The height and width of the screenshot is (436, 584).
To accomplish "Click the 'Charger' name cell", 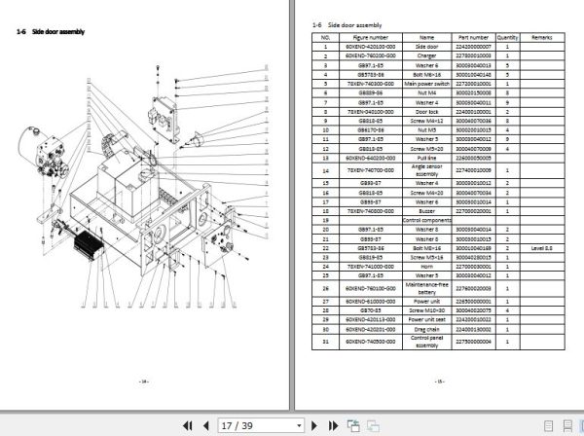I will pyautogui.click(x=426, y=54).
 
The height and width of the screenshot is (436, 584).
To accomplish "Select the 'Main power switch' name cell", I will pyautogui.click(x=426, y=83).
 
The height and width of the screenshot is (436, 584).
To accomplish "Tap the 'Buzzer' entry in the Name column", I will pyautogui.click(x=426, y=209).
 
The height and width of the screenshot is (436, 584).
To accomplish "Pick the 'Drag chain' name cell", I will pyautogui.click(x=426, y=330).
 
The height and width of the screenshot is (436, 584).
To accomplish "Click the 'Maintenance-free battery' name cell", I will pyautogui.click(x=426, y=288).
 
